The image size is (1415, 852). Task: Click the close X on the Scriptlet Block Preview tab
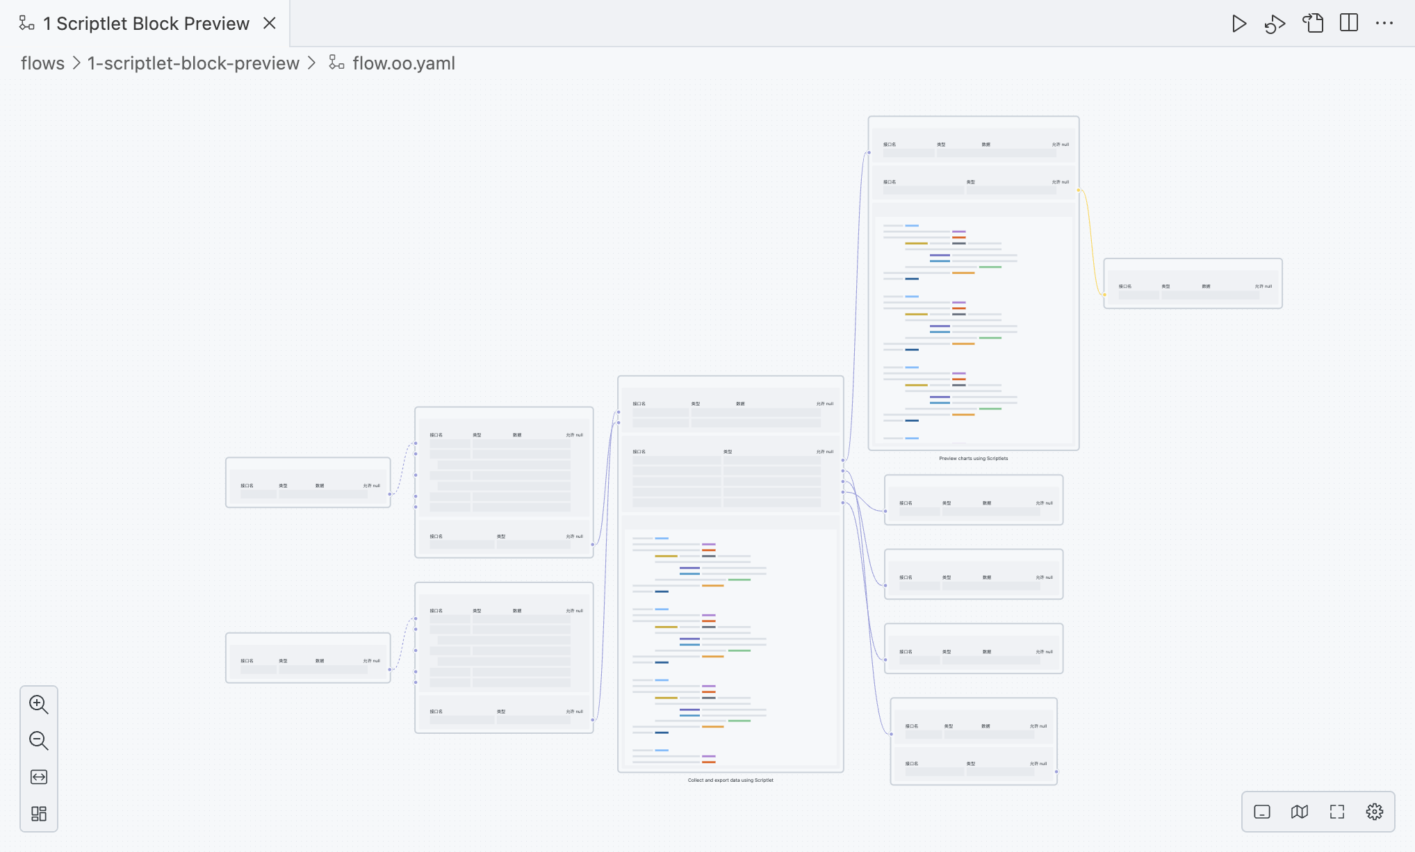[x=270, y=23]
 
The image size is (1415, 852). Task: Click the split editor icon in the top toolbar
[x=1348, y=23]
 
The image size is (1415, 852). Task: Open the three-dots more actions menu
[x=1384, y=23]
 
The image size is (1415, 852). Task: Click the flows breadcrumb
[x=42, y=63]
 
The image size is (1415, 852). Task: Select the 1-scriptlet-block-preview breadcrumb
[x=193, y=63]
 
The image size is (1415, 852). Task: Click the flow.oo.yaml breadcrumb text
[x=403, y=63]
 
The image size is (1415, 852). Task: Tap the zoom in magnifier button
[x=39, y=705]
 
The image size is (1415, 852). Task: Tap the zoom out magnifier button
[x=39, y=741]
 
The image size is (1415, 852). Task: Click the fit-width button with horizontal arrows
[x=39, y=777]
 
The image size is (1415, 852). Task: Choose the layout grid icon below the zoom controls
[x=39, y=813]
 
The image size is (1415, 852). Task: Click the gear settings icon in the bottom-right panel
[x=1374, y=812]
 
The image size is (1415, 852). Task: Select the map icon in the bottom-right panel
[x=1299, y=812]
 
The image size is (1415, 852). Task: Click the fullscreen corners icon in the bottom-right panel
[x=1336, y=812]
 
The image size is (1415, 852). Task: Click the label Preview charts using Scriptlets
[x=973, y=459]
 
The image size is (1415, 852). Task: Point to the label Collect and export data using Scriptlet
[x=730, y=780]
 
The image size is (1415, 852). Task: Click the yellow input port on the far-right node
[x=1104, y=295]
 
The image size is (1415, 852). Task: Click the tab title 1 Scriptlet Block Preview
[x=146, y=24]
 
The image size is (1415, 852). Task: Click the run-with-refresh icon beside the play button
[x=1275, y=24]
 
